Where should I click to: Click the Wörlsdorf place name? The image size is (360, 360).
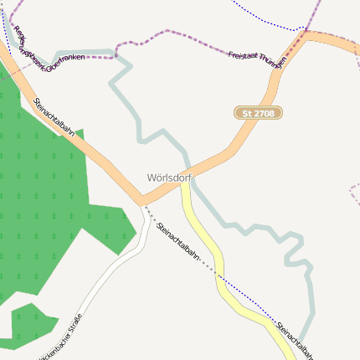(x=168, y=177)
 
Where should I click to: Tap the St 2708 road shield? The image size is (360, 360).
(x=259, y=112)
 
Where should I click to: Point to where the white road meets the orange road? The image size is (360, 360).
(x=142, y=203)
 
